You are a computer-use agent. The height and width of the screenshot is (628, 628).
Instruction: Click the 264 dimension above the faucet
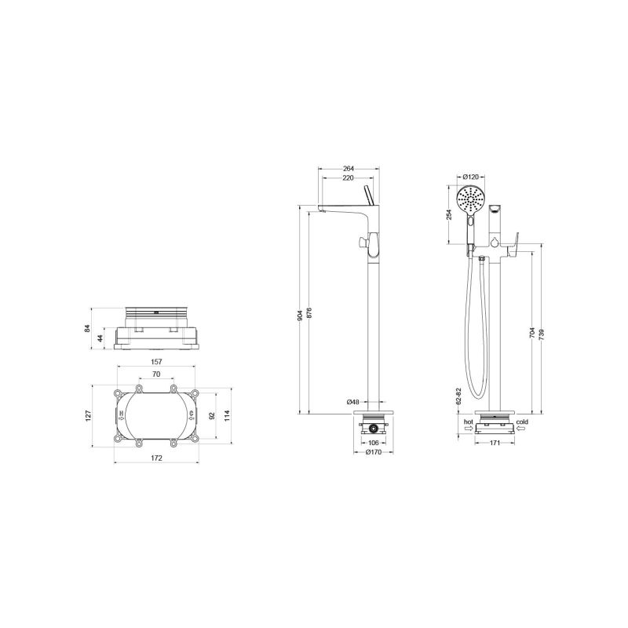(x=349, y=167)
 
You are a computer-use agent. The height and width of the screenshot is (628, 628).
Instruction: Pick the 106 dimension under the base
(x=373, y=442)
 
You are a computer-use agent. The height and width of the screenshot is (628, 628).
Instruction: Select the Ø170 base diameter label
(x=373, y=452)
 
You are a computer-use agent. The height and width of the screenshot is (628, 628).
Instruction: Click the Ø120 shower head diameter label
(x=471, y=177)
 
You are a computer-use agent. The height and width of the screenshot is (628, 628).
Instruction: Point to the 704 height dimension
(x=532, y=334)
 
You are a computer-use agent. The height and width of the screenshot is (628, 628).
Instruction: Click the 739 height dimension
(x=542, y=334)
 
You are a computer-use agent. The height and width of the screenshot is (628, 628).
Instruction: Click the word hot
(x=468, y=422)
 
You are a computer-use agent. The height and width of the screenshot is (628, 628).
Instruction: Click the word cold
(x=521, y=422)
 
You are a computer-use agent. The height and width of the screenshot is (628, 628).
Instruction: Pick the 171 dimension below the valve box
(x=495, y=444)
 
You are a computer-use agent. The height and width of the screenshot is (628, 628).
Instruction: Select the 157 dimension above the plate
(x=155, y=363)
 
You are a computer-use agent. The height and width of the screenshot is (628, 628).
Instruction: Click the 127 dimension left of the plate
(x=89, y=415)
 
